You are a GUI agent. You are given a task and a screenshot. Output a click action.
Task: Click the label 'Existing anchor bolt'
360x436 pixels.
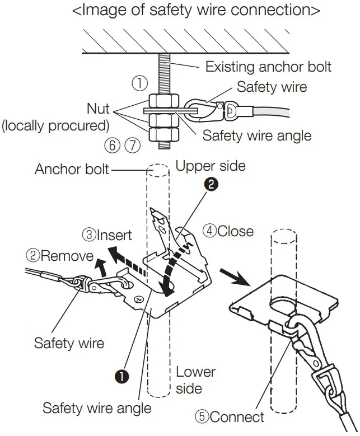[268, 67]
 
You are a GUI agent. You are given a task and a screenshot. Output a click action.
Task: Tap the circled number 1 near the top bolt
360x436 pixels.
[139, 84]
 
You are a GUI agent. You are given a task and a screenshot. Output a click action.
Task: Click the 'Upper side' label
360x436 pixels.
[211, 166]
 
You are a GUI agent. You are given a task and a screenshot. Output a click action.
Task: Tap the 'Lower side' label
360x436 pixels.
[195, 380]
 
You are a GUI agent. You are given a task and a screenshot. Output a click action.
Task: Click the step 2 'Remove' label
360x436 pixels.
[59, 256]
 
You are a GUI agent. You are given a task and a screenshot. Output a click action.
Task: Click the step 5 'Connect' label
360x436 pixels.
[229, 417]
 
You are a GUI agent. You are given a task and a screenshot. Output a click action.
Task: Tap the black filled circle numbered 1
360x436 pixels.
[122, 377]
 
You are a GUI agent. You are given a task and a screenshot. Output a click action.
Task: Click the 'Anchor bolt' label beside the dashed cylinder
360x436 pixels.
[72, 168]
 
